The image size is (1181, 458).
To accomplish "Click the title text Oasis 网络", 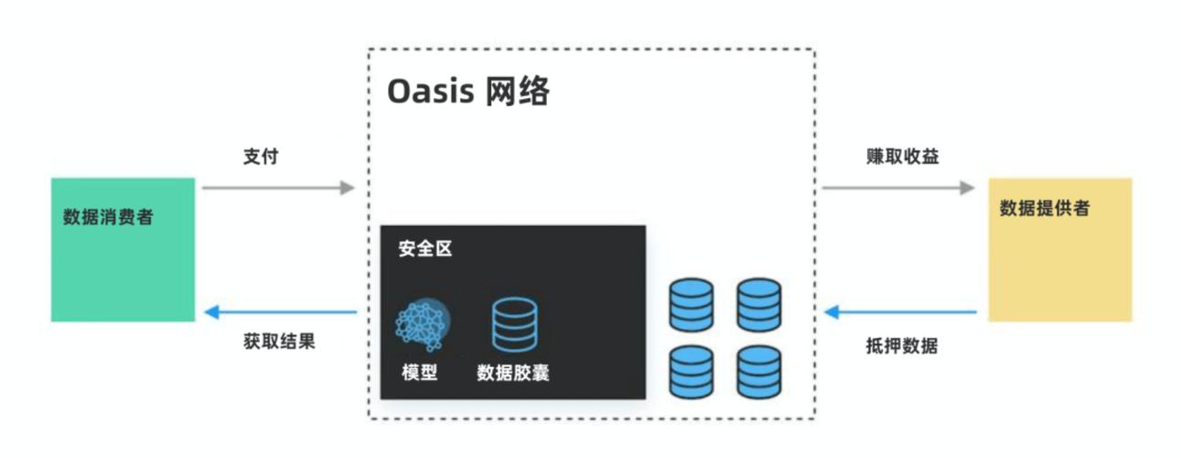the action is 468,92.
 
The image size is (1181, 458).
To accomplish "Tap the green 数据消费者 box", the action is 123,249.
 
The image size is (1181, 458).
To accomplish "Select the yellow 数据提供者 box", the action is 1059,249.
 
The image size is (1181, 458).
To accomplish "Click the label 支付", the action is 261,157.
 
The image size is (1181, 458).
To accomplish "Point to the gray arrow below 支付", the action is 278,188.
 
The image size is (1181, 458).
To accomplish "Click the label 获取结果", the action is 279,342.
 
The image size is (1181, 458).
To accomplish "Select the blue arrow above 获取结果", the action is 281,312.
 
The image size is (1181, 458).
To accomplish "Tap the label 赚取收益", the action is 903,157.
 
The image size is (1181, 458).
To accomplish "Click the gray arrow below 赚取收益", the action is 898,188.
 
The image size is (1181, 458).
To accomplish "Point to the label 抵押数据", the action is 902,346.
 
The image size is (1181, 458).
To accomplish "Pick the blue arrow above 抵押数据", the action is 900,312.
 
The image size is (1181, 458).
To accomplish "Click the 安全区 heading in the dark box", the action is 425,248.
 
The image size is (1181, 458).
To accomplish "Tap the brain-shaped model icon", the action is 423,324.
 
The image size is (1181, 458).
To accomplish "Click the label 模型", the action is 420,373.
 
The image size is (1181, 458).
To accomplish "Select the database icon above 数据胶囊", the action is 515,324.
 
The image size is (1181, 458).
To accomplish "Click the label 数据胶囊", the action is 513,373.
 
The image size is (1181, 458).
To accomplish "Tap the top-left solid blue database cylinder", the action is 692,305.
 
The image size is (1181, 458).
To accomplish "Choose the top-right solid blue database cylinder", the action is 759,305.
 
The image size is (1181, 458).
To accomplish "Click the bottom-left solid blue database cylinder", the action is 692,372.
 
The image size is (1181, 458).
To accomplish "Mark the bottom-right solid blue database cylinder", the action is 759,372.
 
